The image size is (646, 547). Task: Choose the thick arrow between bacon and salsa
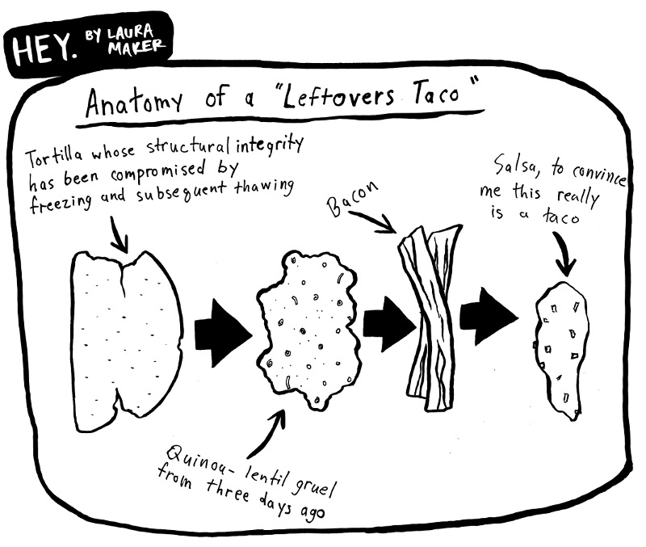point(489,313)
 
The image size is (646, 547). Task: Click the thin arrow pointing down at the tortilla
point(120,234)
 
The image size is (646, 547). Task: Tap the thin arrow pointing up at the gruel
point(274,429)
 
